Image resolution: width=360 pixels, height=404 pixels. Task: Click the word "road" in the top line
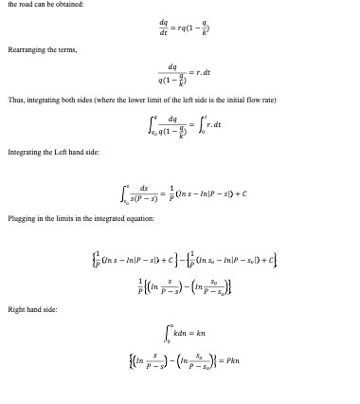pos(26,6)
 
